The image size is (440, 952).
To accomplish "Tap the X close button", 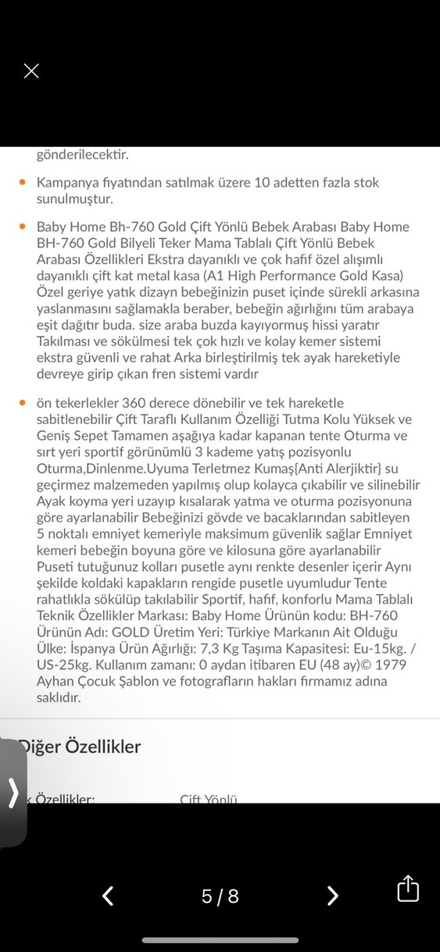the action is (31, 71).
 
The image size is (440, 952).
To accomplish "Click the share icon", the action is (408, 889).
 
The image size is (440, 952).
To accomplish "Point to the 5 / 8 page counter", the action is (220, 897).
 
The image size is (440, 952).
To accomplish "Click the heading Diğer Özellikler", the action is (80, 746).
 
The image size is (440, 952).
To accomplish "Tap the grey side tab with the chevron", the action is (13, 793).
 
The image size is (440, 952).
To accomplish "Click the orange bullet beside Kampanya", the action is (23, 182).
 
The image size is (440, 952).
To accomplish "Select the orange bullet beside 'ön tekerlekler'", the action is (23, 403).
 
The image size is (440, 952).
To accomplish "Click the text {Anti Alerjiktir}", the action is (321, 469).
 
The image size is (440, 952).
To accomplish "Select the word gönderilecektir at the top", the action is (82, 155).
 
